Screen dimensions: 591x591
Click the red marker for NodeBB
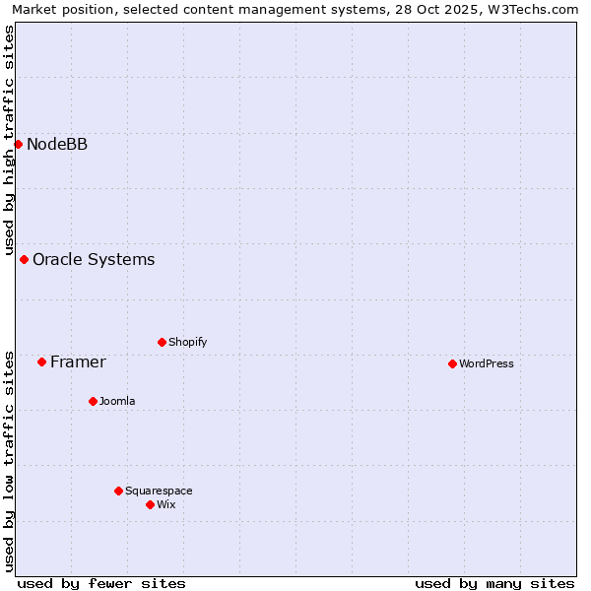click(18, 145)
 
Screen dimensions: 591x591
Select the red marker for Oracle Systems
click(24, 260)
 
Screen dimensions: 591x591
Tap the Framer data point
click(41, 362)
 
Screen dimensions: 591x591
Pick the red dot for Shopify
click(162, 343)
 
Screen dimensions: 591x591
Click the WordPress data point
click(452, 364)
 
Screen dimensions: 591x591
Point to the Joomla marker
click(93, 402)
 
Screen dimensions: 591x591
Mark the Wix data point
click(150, 505)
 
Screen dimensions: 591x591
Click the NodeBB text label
click(57, 145)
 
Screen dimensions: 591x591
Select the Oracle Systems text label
click(94, 260)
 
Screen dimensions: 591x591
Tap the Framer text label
click(78, 362)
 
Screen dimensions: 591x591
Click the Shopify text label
click(187, 343)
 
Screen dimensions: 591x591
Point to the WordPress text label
click(487, 364)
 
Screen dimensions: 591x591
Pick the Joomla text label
click(117, 402)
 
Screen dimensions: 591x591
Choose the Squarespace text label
click(159, 492)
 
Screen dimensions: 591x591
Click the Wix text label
click(165, 505)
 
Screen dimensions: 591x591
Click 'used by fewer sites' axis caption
click(101, 583)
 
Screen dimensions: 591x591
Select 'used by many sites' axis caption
click(494, 583)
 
